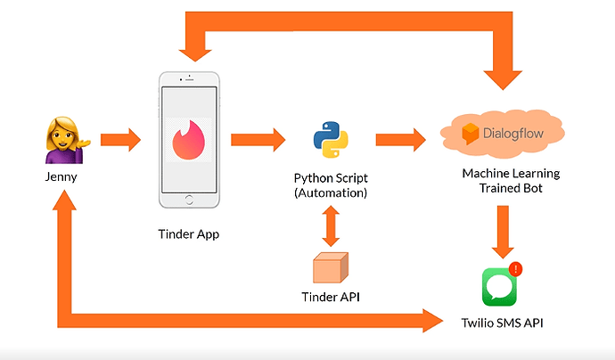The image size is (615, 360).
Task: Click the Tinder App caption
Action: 189,234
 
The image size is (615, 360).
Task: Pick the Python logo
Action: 330,141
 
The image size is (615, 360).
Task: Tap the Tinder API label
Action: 331,296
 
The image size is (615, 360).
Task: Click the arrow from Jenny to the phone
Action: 120,140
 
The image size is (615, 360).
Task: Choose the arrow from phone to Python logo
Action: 258,140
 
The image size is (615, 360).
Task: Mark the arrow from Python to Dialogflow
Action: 402,140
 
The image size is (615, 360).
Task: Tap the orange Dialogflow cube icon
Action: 472,135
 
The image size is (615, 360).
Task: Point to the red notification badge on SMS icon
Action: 517,268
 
